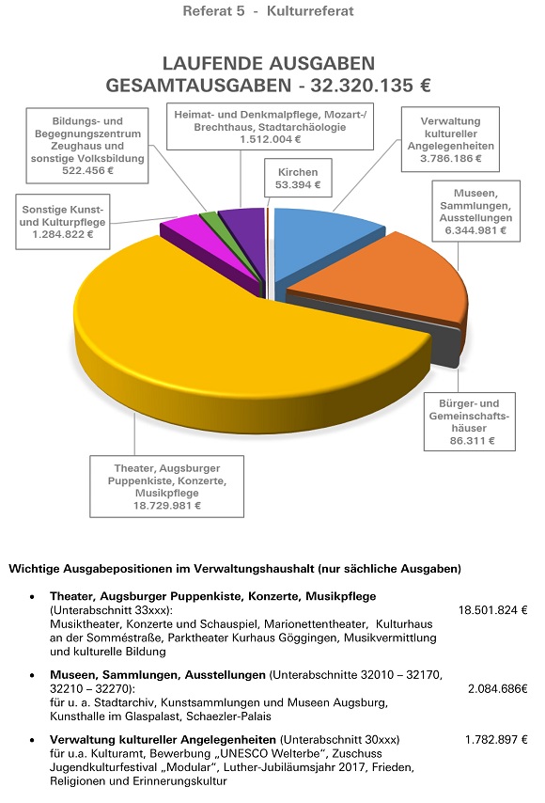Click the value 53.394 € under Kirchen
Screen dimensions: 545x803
tap(298, 185)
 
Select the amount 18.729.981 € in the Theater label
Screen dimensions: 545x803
tap(167, 506)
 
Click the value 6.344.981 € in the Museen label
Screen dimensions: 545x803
tap(475, 230)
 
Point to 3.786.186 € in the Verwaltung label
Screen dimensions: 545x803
tap(451, 158)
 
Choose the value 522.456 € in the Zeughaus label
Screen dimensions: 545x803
tap(87, 170)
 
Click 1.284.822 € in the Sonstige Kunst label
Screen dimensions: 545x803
tap(62, 234)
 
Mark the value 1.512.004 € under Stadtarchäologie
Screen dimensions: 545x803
tap(270, 139)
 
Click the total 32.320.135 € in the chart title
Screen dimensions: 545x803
tap(370, 85)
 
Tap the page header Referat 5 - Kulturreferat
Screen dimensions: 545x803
tap(268, 10)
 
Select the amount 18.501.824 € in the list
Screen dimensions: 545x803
tap(492, 610)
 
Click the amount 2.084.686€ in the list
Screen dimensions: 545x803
tap(497, 689)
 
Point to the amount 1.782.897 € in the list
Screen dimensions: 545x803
tap(496, 739)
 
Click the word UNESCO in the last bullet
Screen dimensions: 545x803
tap(243, 753)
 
